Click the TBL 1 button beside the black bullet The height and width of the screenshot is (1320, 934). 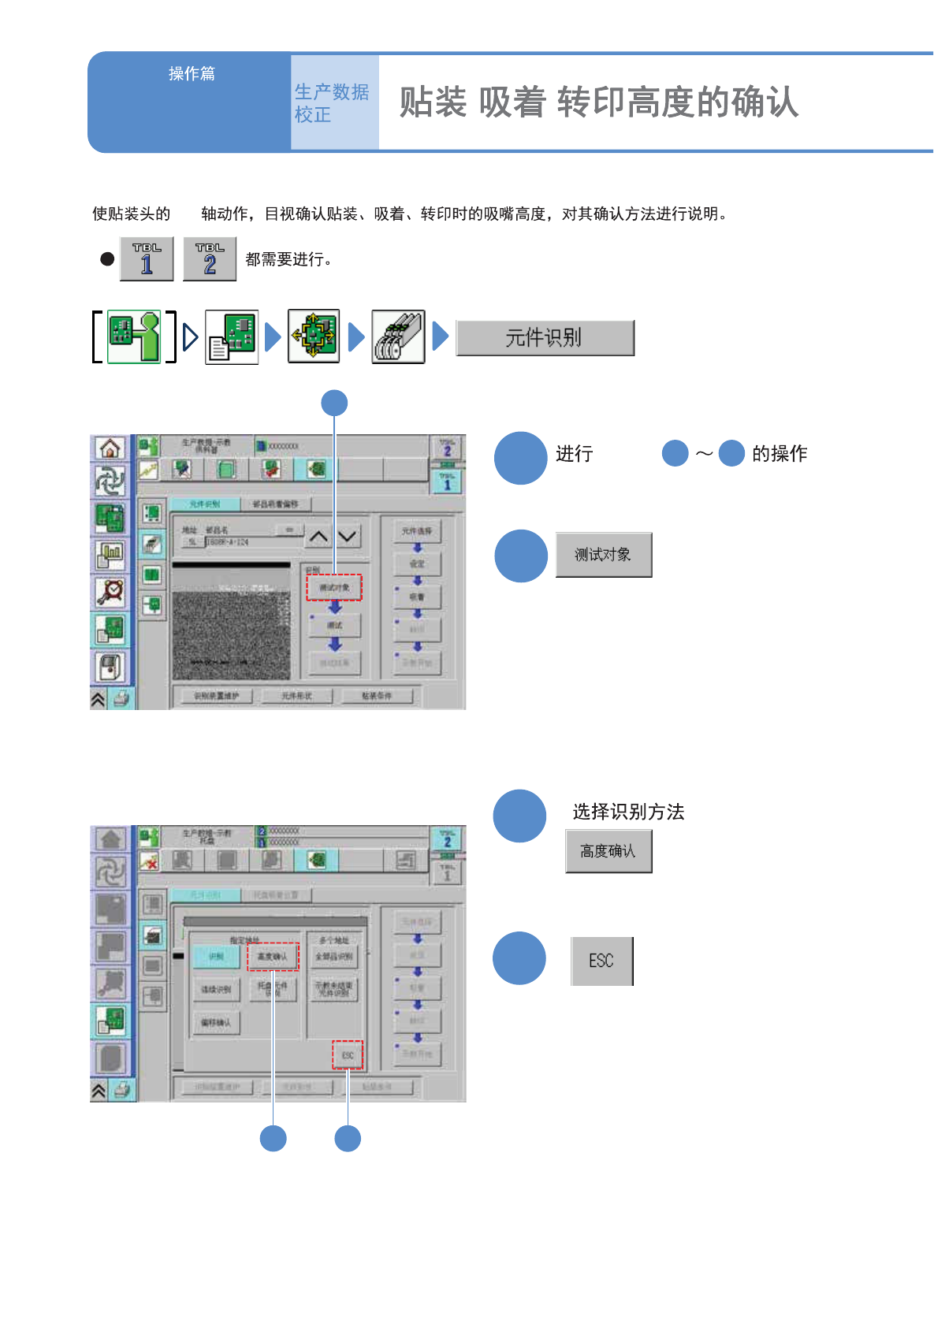tap(147, 258)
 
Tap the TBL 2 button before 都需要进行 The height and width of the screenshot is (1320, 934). tap(210, 258)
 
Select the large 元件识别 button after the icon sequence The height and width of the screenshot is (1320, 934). tap(545, 338)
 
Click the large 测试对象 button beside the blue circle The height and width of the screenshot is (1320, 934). tap(604, 555)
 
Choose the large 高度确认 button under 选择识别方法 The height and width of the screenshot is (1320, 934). tap(608, 851)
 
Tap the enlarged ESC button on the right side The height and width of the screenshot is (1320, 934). tap(601, 961)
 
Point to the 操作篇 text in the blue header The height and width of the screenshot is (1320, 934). tap(192, 73)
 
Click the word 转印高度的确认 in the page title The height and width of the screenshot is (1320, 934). tap(678, 102)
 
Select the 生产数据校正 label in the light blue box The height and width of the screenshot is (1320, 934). tap(332, 103)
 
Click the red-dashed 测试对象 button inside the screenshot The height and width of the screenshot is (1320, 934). tap(334, 588)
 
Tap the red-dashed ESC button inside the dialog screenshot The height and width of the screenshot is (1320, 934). tap(348, 1055)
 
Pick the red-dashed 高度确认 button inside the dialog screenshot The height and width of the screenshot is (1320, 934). tap(273, 957)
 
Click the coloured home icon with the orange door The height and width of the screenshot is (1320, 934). tap(110, 448)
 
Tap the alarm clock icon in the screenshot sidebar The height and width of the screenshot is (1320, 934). tap(110, 590)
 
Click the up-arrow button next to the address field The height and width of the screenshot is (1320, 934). tap(318, 537)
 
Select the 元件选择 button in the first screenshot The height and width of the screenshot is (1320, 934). tap(417, 531)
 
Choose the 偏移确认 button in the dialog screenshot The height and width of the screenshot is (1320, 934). tap(216, 1023)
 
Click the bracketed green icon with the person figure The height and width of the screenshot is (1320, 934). tap(134, 337)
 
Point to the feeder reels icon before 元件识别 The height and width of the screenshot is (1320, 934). tap(398, 337)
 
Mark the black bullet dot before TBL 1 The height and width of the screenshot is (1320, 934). tap(107, 258)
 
